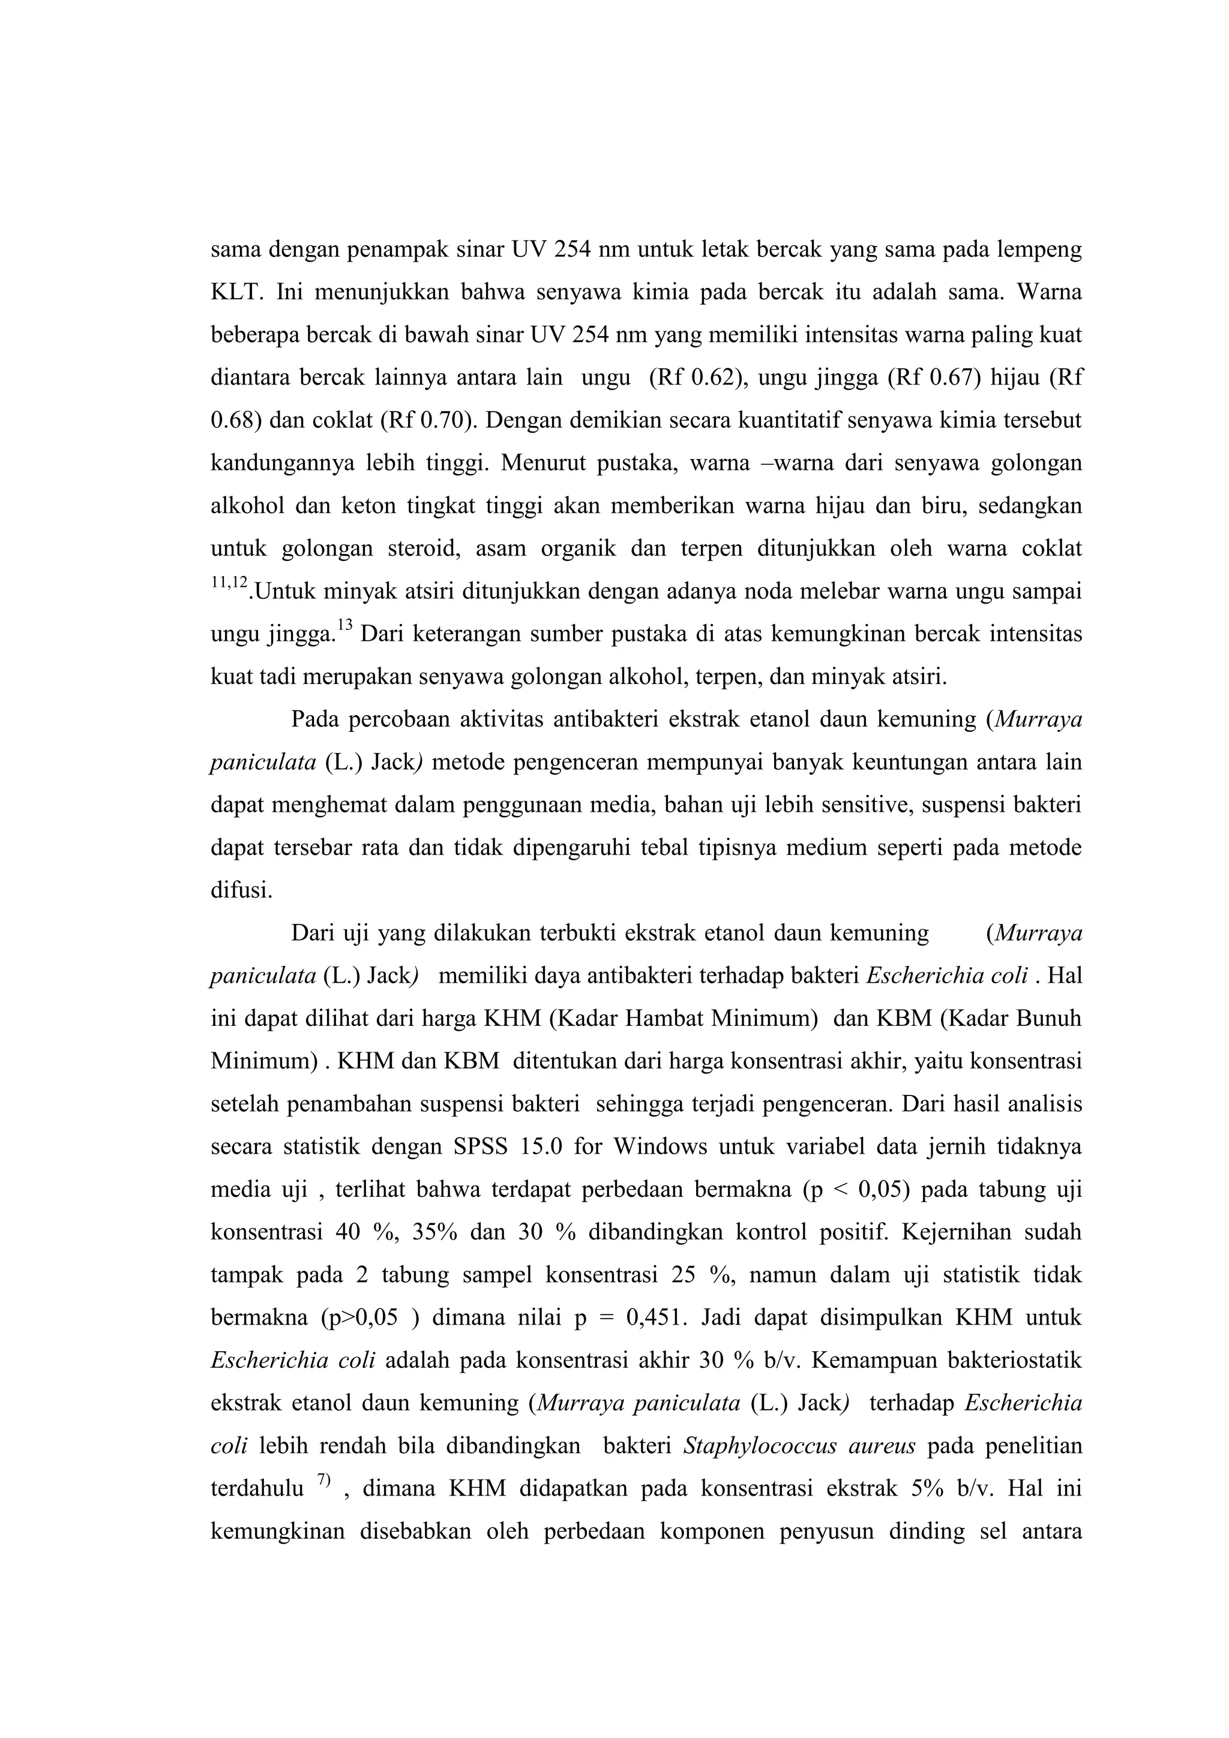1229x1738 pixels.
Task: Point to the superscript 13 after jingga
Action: point(344,625)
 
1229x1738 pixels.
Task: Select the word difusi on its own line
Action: point(240,890)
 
